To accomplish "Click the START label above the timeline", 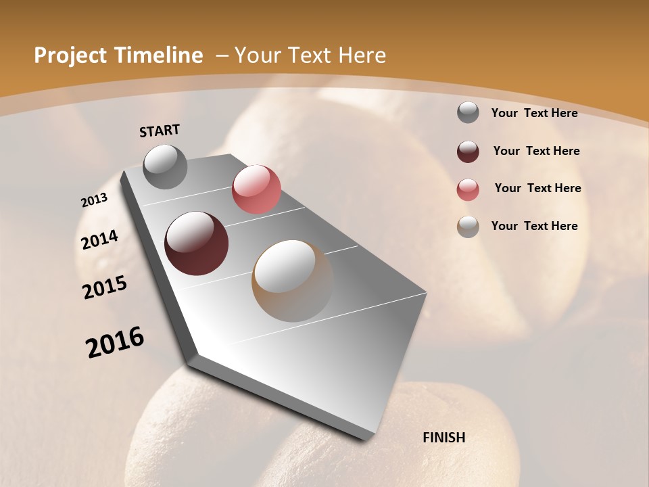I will pyautogui.click(x=160, y=131).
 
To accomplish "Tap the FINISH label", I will pyautogui.click(x=443, y=438).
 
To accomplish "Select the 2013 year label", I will pyautogui.click(x=95, y=200).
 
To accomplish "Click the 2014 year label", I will pyautogui.click(x=100, y=240).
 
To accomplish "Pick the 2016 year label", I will pyautogui.click(x=115, y=343).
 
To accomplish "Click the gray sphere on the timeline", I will pyautogui.click(x=165, y=166).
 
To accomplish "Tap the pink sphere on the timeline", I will pyautogui.click(x=256, y=189).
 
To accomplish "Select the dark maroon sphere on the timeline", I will pyautogui.click(x=196, y=243).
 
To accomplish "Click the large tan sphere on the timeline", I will pyautogui.click(x=293, y=281).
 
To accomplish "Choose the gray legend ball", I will pyautogui.click(x=468, y=112).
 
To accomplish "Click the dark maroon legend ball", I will pyautogui.click(x=468, y=152).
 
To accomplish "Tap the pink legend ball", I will pyautogui.click(x=468, y=189).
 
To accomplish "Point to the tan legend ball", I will pyautogui.click(x=468, y=227).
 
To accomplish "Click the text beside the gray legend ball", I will pyautogui.click(x=534, y=113).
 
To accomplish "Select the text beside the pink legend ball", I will pyautogui.click(x=537, y=188).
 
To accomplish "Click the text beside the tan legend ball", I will pyautogui.click(x=534, y=226).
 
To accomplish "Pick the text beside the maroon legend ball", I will pyautogui.click(x=536, y=151).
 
